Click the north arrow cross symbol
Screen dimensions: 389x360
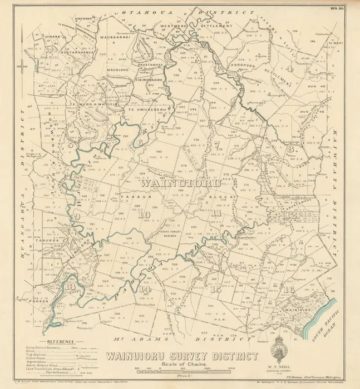(x=22, y=67)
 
